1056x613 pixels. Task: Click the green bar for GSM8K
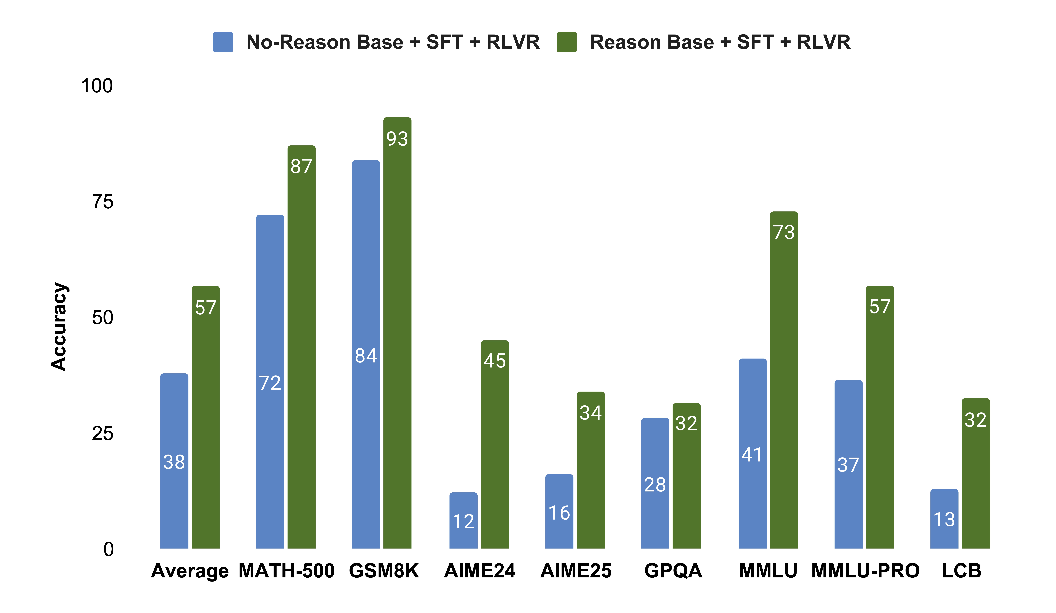click(x=397, y=335)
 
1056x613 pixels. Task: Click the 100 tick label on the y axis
click(x=97, y=86)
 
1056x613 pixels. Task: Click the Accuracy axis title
click(x=59, y=327)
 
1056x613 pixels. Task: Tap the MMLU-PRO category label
click(x=865, y=571)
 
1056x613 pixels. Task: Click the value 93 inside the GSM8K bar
click(x=397, y=139)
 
